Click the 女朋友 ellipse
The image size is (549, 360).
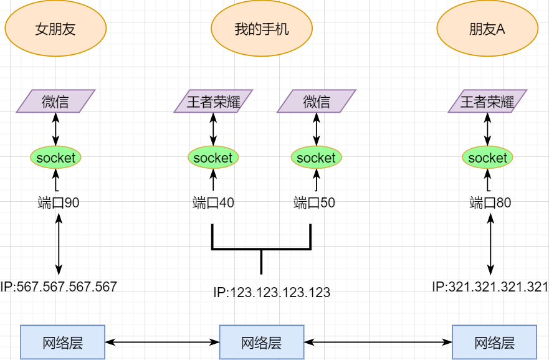(x=55, y=29)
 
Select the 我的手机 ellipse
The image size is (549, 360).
(x=262, y=29)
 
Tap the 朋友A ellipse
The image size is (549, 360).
(x=487, y=29)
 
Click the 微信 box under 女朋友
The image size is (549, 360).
(x=55, y=101)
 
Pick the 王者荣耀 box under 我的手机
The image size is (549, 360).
(x=213, y=101)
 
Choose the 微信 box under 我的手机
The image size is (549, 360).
(x=316, y=101)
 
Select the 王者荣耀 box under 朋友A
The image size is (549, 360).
(x=487, y=101)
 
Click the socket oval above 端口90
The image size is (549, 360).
(x=55, y=158)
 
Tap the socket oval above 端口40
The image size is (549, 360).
(x=213, y=158)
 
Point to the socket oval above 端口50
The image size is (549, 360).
(x=316, y=158)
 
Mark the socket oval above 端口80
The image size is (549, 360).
(x=487, y=158)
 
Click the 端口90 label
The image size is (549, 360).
(x=59, y=202)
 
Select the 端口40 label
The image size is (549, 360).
(x=213, y=202)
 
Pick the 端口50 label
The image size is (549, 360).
(x=314, y=202)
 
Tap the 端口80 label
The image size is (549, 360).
(x=490, y=202)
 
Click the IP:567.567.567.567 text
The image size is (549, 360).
(x=59, y=287)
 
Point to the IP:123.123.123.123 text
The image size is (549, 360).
(x=272, y=292)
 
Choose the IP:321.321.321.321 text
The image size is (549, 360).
(x=490, y=287)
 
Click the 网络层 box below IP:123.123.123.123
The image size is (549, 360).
(x=261, y=342)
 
